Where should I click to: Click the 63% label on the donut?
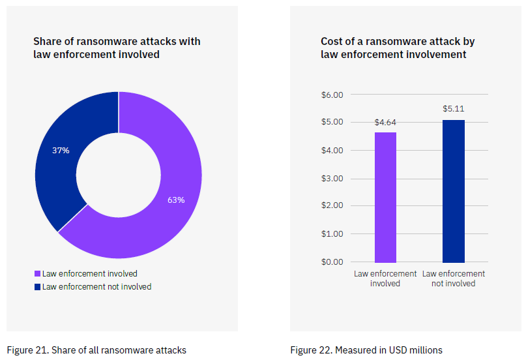click(176, 200)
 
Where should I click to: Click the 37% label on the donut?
click(61, 150)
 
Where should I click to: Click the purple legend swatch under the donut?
click(37, 274)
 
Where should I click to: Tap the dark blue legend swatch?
click(37, 287)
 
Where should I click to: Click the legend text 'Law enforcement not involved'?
click(96, 287)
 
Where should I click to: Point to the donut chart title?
click(117, 48)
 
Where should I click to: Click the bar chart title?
click(398, 48)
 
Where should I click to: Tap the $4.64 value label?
click(385, 122)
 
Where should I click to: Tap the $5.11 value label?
click(454, 109)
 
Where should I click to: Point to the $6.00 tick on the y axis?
click(332, 95)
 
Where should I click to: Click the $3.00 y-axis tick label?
click(332, 178)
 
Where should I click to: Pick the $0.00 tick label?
click(332, 262)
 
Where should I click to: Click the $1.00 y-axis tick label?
click(332, 233)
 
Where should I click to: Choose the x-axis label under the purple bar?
click(385, 278)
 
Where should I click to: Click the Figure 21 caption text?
click(96, 350)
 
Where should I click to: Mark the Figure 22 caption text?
click(366, 350)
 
